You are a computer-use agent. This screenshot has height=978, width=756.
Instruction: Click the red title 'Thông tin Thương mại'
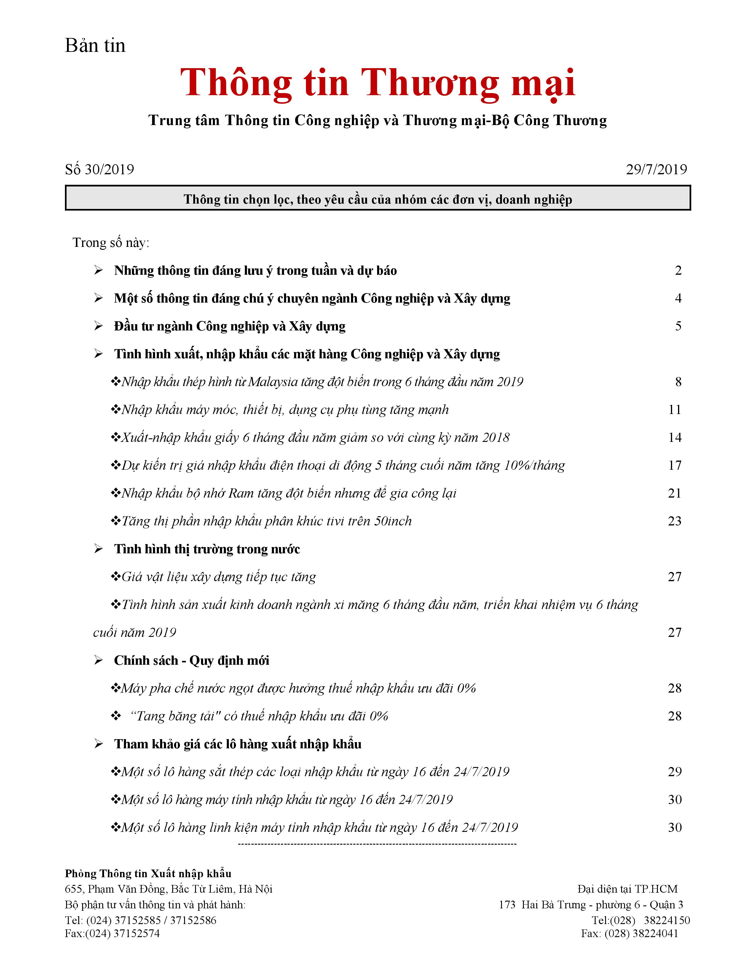377,83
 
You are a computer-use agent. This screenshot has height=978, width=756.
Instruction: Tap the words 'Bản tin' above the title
95,46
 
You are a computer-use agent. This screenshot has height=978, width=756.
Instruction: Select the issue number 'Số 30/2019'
99,169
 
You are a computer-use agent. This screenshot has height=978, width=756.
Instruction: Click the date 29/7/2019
656,169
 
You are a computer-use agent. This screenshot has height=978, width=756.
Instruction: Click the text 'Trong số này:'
111,243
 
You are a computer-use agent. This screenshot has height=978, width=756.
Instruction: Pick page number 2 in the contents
678,271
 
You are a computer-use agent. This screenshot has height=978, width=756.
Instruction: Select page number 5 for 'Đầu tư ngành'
678,326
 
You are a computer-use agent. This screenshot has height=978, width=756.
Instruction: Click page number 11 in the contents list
674,410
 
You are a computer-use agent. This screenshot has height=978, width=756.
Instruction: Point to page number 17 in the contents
674,465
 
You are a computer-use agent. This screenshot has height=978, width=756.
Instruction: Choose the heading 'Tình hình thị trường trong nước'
207,549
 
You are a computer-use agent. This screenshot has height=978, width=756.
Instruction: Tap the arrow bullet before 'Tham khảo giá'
98,744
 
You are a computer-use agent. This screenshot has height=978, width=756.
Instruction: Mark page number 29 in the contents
674,771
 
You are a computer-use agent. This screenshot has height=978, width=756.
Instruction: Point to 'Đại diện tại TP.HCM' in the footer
627,889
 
